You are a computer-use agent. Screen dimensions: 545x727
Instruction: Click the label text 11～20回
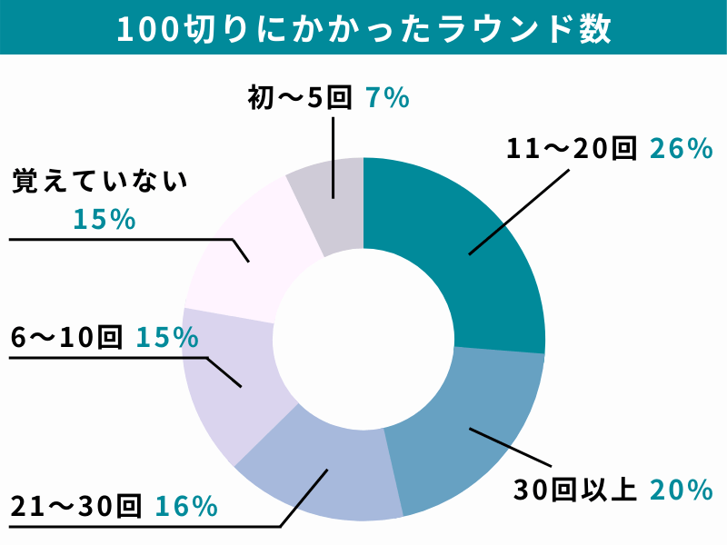pos(572,149)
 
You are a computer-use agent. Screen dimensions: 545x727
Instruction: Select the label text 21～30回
pos(76,506)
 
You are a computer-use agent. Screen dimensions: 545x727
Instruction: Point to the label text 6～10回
pos(66,338)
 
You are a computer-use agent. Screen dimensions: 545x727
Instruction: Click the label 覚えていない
pos(99,181)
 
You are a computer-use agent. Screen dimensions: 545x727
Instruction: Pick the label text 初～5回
pos(299,97)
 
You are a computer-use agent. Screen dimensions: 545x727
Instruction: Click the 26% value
pos(681,149)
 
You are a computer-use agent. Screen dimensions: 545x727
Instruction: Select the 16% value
pos(186,506)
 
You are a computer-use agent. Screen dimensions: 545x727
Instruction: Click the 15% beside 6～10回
pos(167,338)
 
